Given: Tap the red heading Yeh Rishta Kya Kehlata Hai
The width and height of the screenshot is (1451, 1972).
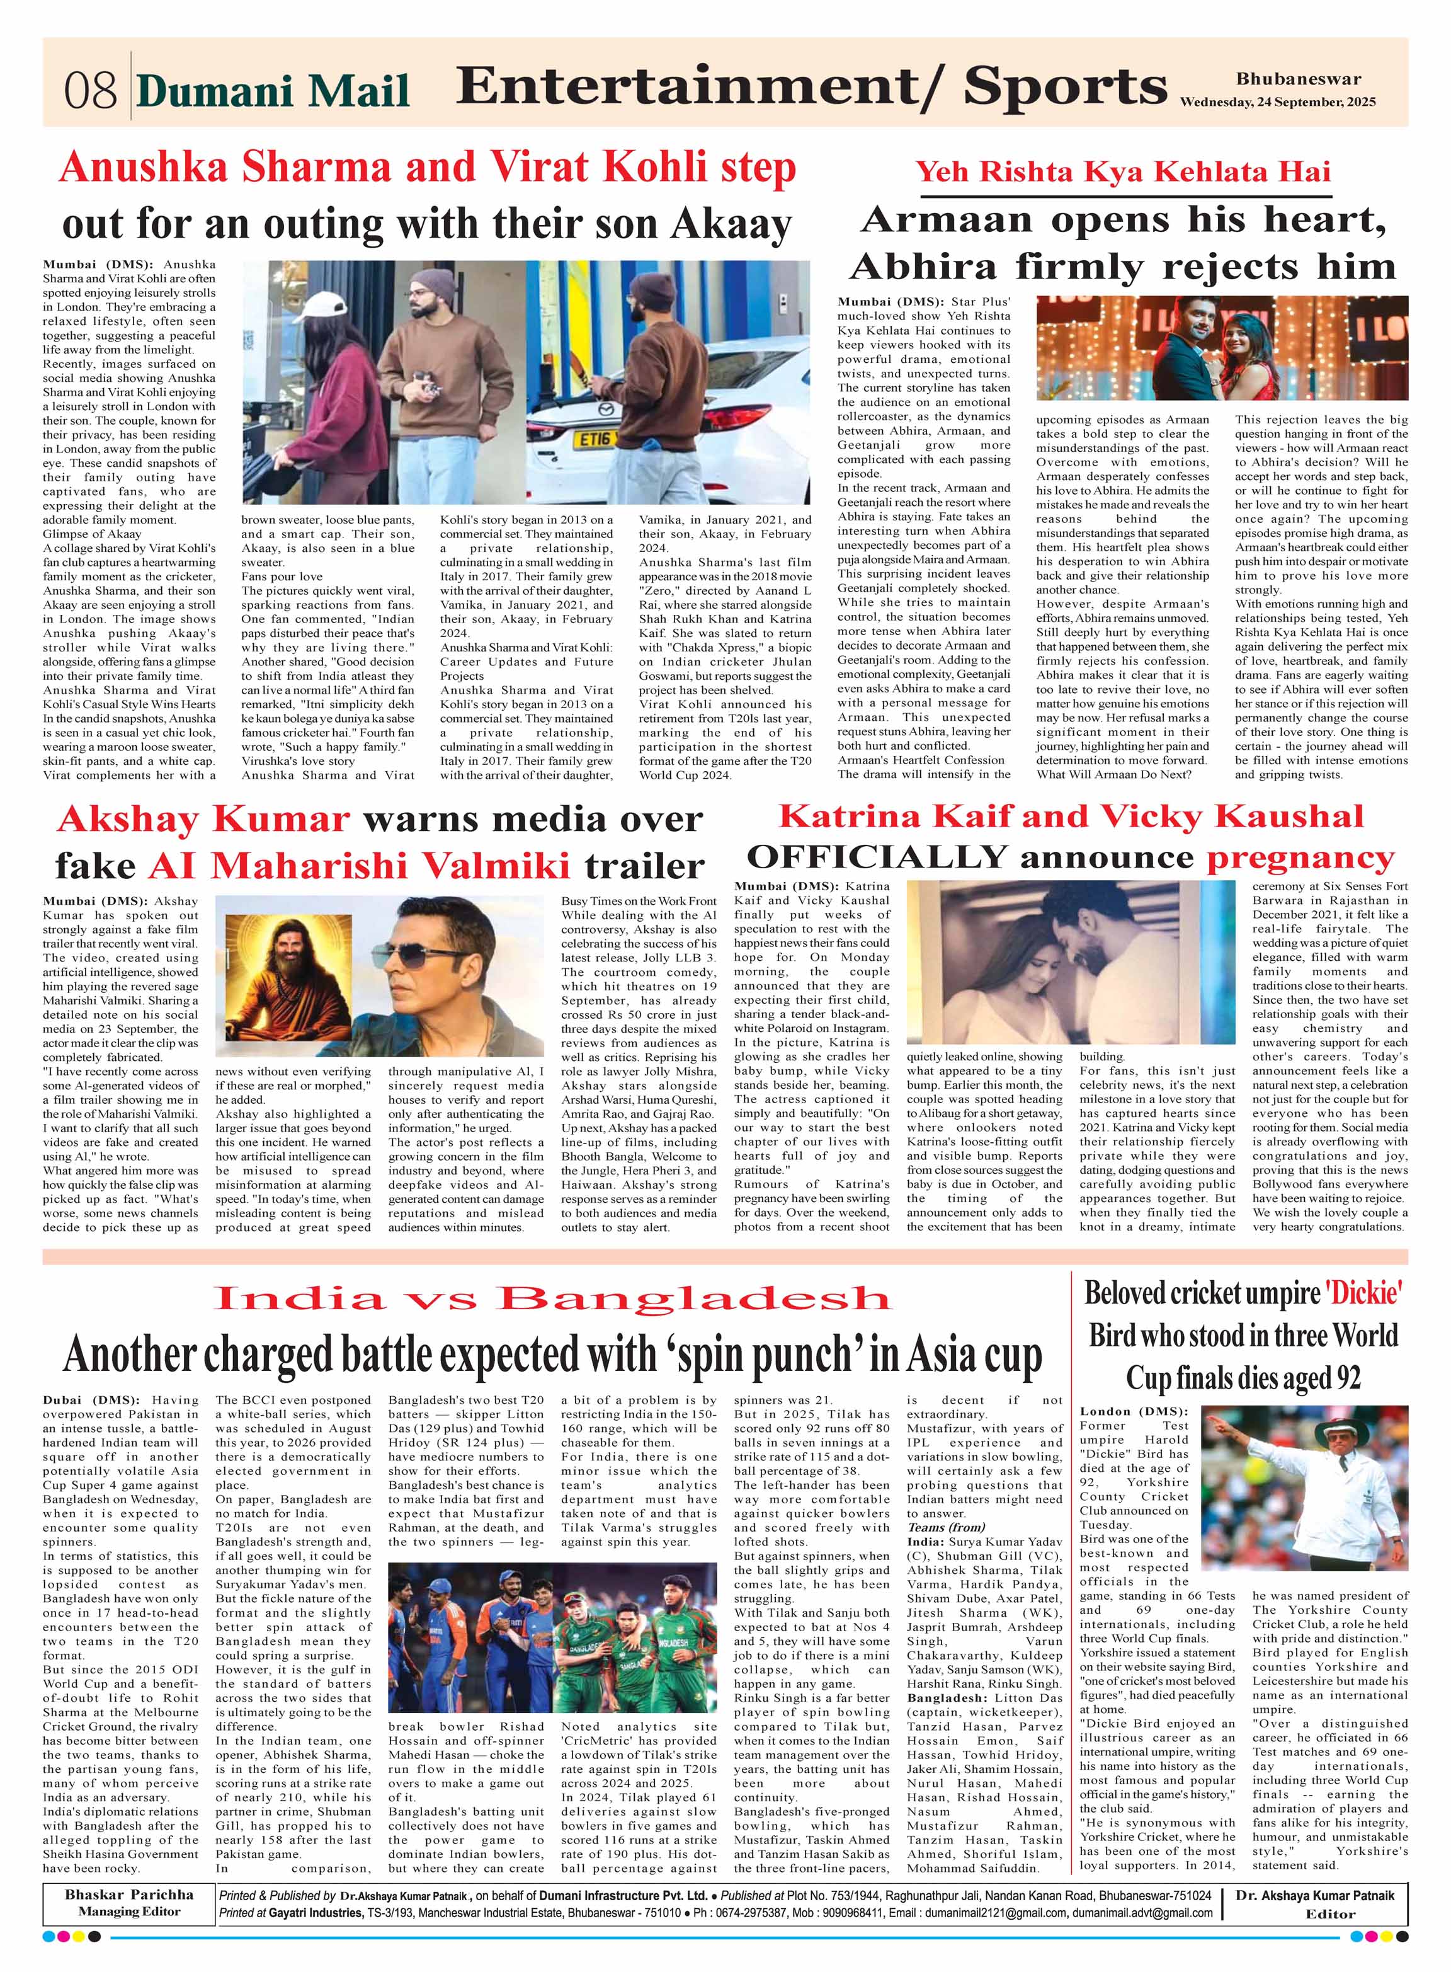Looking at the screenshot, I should [1124, 171].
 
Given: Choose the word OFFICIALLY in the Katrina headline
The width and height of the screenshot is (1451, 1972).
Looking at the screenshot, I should [875, 856].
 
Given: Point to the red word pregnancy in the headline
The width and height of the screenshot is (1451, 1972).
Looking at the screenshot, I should [1300, 856].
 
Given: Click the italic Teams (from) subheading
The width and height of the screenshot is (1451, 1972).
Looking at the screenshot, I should [945, 1527].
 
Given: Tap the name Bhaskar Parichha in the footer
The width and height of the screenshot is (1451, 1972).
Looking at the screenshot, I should [128, 1894].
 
